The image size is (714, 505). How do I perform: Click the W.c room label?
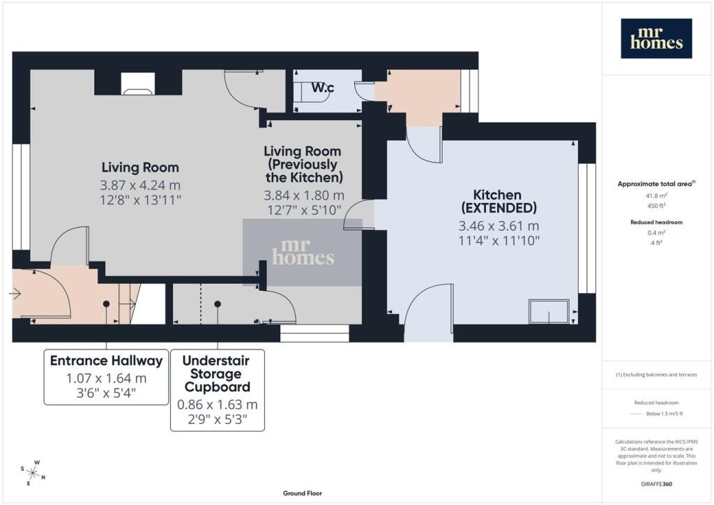tap(322, 87)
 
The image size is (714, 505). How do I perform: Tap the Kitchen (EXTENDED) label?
tap(499, 202)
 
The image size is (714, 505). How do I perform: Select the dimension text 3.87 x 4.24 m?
tap(140, 186)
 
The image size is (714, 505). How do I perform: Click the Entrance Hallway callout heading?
tap(106, 361)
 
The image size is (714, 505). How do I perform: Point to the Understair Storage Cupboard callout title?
tap(217, 373)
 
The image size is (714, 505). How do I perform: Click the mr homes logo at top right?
tap(656, 38)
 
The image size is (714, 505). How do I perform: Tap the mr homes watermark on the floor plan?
tap(303, 252)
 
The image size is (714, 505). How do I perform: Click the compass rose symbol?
tap(33, 473)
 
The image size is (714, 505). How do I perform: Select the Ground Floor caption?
tap(303, 493)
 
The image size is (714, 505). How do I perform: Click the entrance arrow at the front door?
tap(15, 294)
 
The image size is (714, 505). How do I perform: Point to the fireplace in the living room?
tap(137, 84)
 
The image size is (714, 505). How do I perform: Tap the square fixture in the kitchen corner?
tap(549, 311)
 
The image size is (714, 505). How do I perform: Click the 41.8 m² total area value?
tap(656, 196)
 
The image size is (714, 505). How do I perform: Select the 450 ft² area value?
tap(656, 206)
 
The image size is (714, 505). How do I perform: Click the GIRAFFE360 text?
tap(656, 484)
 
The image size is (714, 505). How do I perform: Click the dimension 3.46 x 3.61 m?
tap(499, 226)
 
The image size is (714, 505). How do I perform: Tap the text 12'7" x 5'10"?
tap(304, 211)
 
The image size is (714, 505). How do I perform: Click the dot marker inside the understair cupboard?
tap(218, 303)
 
